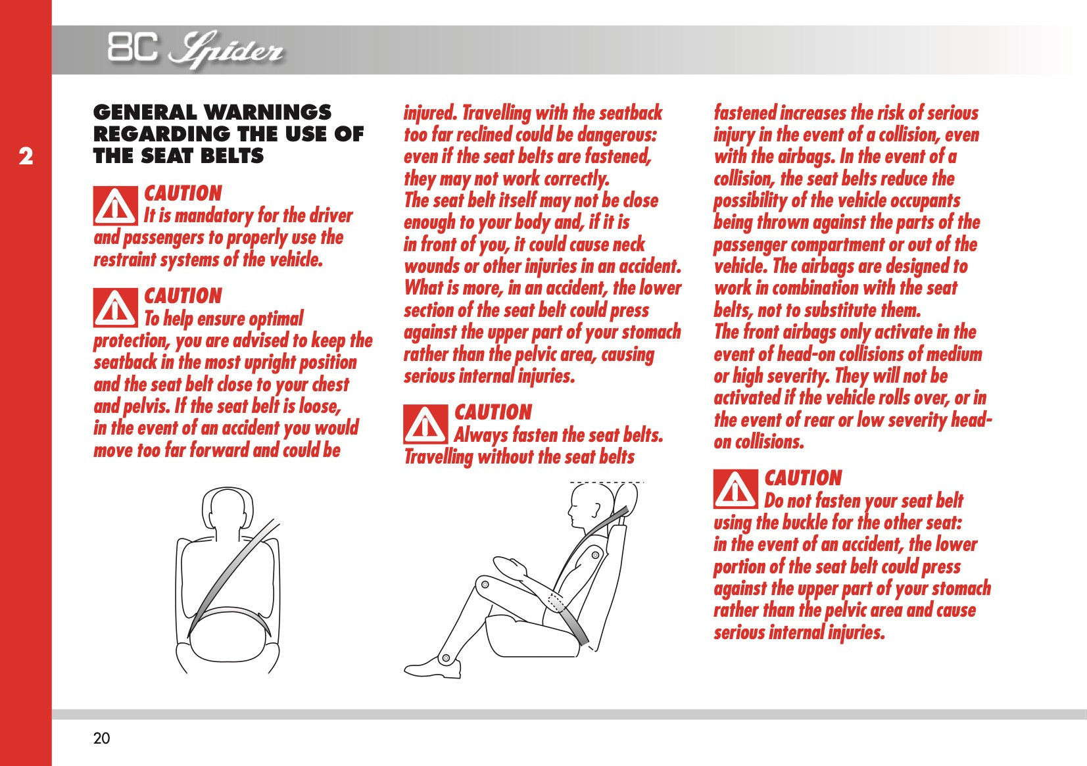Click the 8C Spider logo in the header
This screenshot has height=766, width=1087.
[x=195, y=50]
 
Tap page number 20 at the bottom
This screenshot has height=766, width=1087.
[x=101, y=738]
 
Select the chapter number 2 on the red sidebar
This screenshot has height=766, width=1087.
[x=26, y=156]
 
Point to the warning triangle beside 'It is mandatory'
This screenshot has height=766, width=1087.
[x=116, y=206]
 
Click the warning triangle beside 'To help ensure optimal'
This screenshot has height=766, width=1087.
[x=116, y=308]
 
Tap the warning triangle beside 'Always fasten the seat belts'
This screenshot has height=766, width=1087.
[x=425, y=425]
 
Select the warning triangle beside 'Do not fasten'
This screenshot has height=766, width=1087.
[x=736, y=489]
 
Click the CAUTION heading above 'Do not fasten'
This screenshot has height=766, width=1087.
[x=803, y=478]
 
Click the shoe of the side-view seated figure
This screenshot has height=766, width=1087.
[x=433, y=667]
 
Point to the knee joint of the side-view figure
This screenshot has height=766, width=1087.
[x=484, y=584]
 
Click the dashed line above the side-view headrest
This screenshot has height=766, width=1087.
[x=606, y=483]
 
